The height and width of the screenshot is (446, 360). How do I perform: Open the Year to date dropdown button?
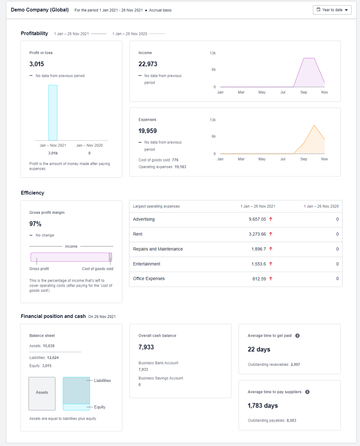[x=332, y=10]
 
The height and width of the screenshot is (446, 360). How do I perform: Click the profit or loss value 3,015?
[x=37, y=64]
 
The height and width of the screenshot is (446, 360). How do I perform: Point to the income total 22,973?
[x=148, y=64]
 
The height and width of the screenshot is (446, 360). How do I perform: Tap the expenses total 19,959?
[x=148, y=131]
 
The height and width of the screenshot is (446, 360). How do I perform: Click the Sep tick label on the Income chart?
[x=303, y=92]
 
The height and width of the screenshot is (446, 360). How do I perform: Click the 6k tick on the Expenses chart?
[x=213, y=136]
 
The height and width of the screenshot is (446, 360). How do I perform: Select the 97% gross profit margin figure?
[x=35, y=224]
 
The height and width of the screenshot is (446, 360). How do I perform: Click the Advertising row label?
[x=144, y=220]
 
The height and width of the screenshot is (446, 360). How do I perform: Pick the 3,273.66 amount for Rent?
[x=257, y=234]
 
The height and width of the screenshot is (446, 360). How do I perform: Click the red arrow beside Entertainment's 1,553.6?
[x=271, y=264]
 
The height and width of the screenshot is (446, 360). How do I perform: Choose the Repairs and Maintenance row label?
[x=158, y=249]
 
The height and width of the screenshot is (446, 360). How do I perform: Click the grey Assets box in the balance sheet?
[x=42, y=393]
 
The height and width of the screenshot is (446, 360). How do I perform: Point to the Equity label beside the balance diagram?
[x=100, y=407]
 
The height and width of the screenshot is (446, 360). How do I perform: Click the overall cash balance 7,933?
[x=146, y=347]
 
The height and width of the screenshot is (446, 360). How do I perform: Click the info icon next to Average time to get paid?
[x=297, y=336]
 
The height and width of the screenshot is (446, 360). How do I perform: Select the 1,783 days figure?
[x=262, y=405]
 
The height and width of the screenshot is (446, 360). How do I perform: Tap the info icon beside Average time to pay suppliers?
[x=307, y=392]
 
